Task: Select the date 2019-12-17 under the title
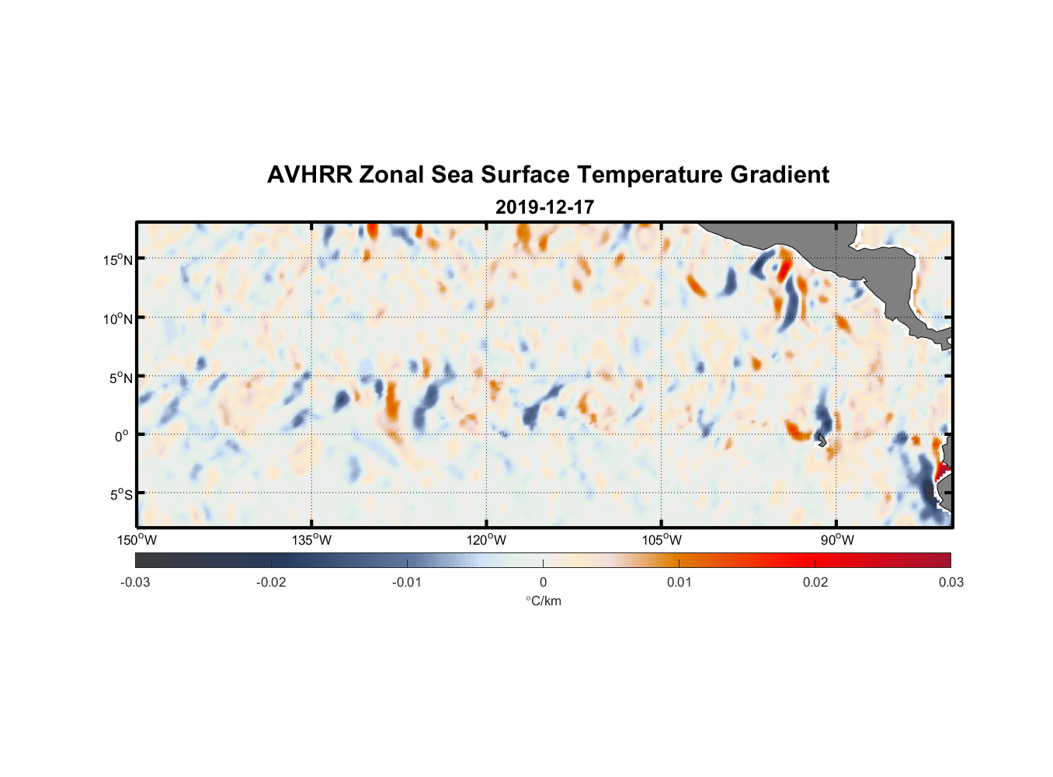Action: point(544,207)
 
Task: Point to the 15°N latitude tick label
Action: point(118,260)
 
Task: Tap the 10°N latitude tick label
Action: point(118,319)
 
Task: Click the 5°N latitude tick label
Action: point(120,378)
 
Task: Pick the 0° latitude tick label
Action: point(122,437)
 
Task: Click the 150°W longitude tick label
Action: point(137,540)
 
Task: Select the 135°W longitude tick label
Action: point(312,540)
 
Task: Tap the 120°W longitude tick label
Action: point(487,540)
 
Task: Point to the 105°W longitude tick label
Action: point(662,540)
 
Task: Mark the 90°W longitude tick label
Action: point(837,540)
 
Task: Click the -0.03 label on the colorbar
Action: point(135,582)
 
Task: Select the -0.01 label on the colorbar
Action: point(407,582)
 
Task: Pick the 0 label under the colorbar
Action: point(543,582)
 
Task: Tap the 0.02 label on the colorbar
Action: point(815,582)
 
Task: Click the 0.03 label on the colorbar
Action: point(950,582)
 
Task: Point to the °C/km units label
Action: point(543,601)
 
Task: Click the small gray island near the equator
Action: point(821,441)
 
